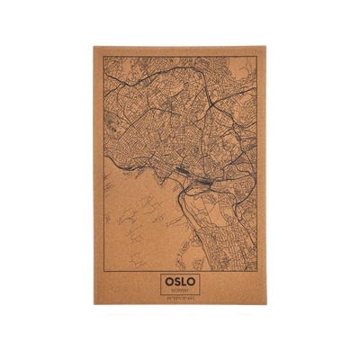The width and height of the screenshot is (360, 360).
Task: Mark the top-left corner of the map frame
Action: [x=103, y=57]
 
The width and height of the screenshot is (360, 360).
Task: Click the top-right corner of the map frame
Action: [x=256, y=57]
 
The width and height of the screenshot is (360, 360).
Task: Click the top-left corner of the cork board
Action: [x=93, y=46]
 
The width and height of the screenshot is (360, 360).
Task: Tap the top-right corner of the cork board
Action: [x=267, y=46]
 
